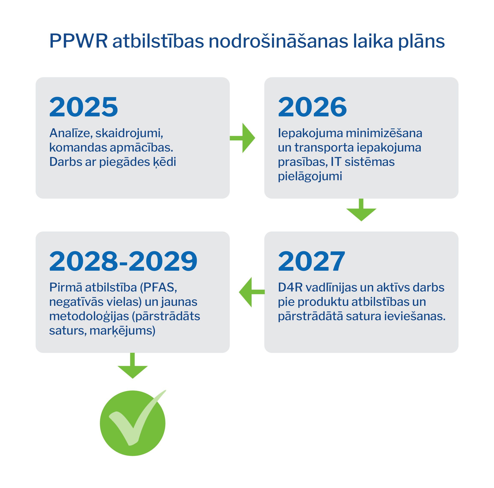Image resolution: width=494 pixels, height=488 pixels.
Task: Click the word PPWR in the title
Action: pos(78,41)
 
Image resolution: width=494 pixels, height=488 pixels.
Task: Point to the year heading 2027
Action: pos(311,261)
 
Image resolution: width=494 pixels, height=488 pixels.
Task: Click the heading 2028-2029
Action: pos(123,261)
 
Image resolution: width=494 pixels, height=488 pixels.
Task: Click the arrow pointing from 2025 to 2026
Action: pos(242,138)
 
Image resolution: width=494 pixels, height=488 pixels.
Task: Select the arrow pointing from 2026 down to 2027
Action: pos(361,210)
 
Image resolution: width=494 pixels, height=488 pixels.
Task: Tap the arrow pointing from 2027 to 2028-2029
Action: pos(252,292)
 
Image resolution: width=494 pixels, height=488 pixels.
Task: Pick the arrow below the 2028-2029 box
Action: pos(133,366)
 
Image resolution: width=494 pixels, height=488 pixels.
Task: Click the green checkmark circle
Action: pos(133,423)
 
